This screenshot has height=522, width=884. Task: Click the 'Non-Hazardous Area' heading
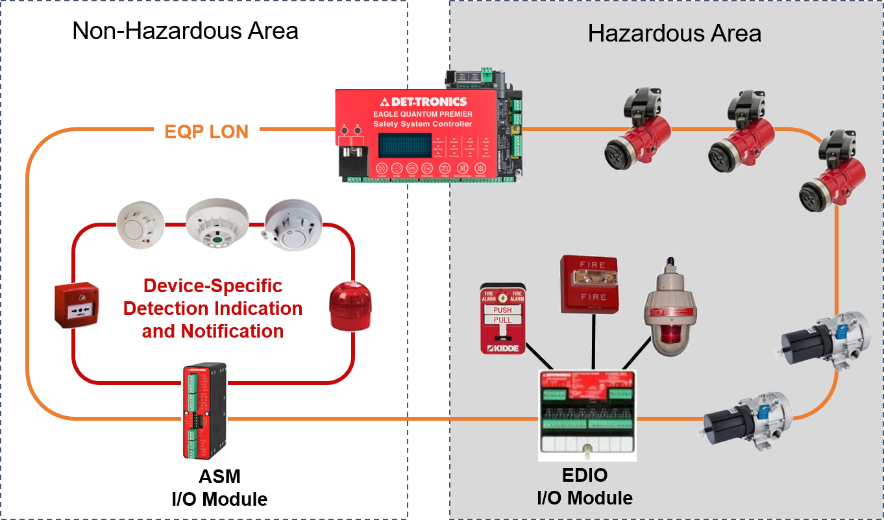185,31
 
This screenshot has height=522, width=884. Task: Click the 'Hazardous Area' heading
674,33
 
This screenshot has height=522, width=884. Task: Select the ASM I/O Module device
204,412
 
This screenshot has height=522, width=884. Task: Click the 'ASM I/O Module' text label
219,488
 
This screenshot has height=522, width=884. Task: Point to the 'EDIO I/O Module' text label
584,486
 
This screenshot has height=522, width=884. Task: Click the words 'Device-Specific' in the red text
213,286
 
